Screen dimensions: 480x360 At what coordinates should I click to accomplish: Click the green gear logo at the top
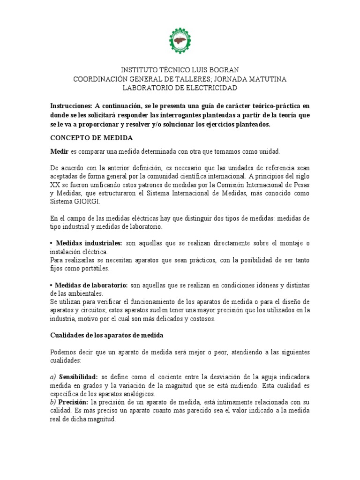pos(180,40)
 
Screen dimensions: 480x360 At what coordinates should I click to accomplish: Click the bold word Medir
pos(59,151)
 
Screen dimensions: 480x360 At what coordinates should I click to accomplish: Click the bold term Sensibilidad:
pos(79,377)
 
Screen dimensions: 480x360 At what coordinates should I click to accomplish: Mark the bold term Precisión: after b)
pos(73,403)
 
